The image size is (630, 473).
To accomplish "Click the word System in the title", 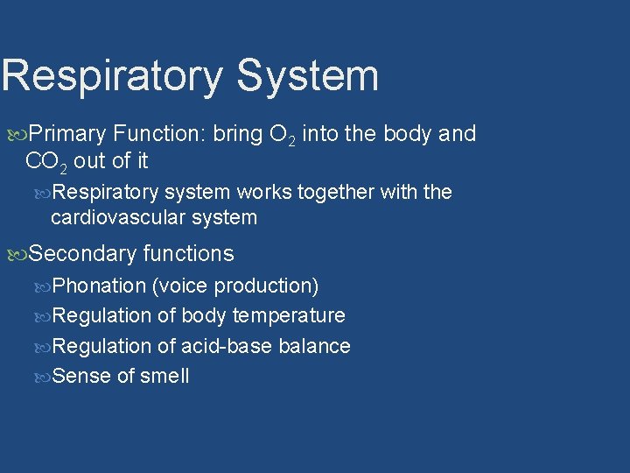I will pos(307,76).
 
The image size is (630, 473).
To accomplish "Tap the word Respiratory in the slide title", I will pos(112,76).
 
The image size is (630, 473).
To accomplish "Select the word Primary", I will pos(67,134).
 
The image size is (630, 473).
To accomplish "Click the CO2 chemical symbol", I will pos(46,161).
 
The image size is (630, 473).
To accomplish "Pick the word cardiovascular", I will pos(111,217).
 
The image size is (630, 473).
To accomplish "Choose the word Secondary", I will pos(82,254).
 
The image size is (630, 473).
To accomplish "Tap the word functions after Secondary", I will pos(188,254).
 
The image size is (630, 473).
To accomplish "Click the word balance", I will pos(314,346).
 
